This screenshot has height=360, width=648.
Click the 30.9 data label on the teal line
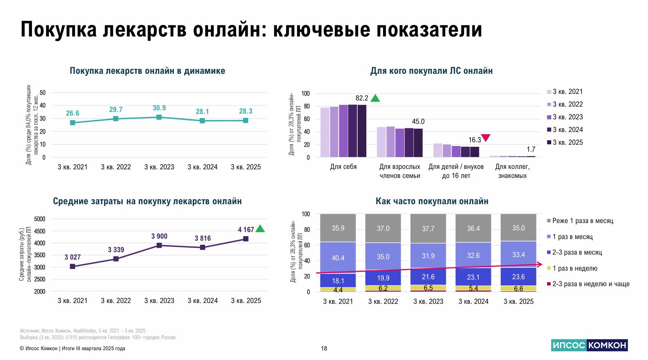[x=159, y=108]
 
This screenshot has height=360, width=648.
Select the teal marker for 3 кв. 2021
[x=73, y=123]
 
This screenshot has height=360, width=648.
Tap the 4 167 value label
[x=246, y=230]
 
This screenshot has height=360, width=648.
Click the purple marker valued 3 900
[x=159, y=245]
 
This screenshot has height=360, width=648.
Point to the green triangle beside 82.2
[x=375, y=98]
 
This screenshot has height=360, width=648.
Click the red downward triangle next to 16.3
[x=486, y=138]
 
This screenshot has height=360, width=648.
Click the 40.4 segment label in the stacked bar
[x=338, y=258]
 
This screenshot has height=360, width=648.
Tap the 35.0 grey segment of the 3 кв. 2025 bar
[x=518, y=228]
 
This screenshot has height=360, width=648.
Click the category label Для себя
[x=343, y=166]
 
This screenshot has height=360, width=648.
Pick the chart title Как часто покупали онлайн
[x=432, y=201]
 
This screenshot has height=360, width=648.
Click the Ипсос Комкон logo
[x=589, y=345]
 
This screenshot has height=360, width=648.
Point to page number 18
[x=324, y=349]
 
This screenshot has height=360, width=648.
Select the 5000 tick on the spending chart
[x=40, y=219]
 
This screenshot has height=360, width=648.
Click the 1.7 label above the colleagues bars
[x=531, y=149]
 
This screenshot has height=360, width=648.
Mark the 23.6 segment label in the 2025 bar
[x=518, y=276]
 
